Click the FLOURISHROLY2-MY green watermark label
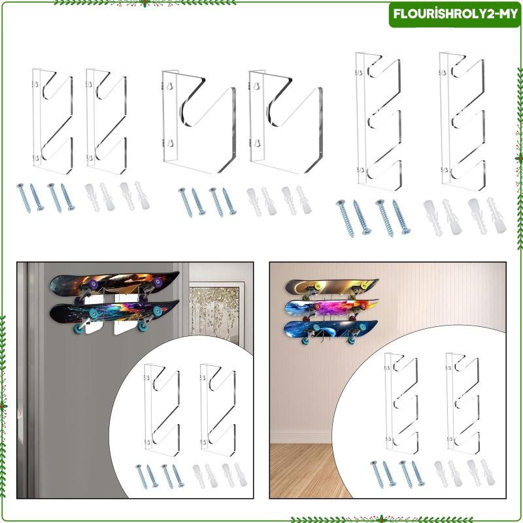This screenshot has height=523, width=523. [455, 14]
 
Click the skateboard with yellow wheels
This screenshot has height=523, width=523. [331, 286]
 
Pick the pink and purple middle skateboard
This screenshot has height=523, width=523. [331, 307]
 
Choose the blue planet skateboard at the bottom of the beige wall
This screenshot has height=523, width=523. [331, 329]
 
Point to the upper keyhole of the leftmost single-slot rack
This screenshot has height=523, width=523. [169, 86]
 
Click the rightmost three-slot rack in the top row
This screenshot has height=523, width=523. [463, 118]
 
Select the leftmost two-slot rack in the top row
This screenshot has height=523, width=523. [52, 122]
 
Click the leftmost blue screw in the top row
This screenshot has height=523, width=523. [24, 197]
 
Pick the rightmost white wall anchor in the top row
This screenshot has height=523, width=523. [496, 214]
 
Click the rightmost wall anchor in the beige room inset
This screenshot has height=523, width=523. [488, 471]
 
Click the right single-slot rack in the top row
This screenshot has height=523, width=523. [286, 122]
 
